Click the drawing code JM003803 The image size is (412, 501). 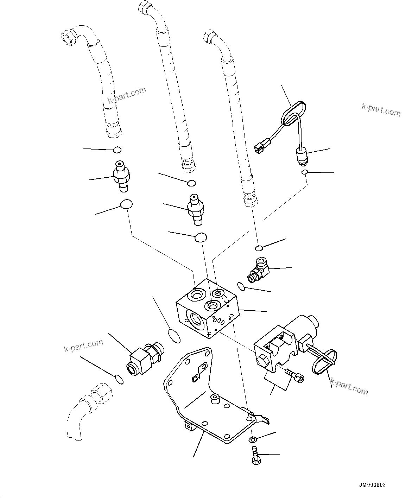[x=372, y=485]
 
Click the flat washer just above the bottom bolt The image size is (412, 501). [x=252, y=439]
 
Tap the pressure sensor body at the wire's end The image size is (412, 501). [x=302, y=156]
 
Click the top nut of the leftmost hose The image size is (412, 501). [x=68, y=37]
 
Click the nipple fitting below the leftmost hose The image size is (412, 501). [x=121, y=176]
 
